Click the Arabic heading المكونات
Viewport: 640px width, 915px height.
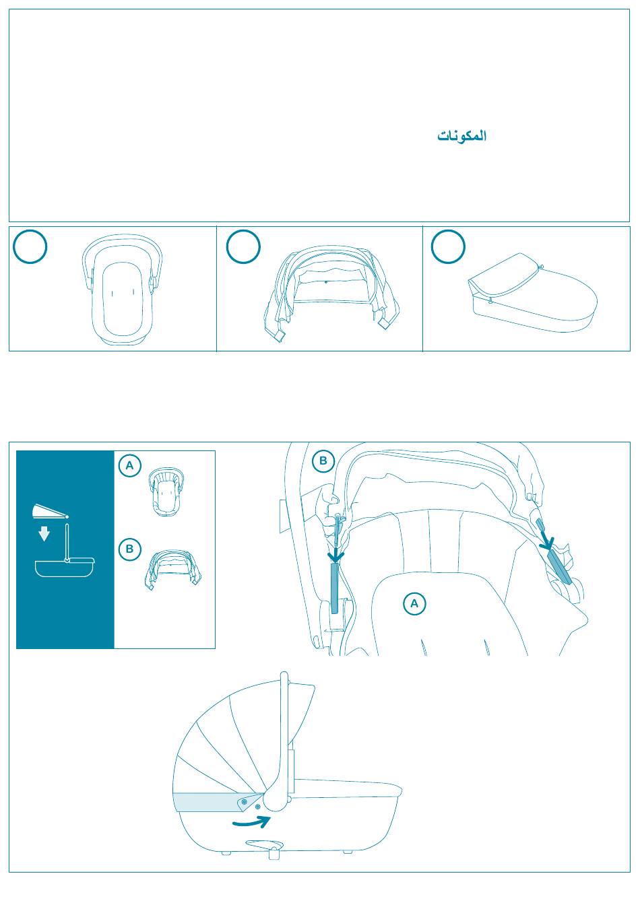click(x=462, y=135)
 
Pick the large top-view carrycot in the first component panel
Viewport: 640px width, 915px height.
click(x=122, y=290)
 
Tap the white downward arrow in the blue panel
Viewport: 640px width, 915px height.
click(x=44, y=534)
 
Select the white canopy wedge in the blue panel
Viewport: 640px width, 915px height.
click(x=49, y=511)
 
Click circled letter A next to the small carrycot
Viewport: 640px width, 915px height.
click(x=129, y=465)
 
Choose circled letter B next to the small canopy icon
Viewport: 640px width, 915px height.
click(x=129, y=549)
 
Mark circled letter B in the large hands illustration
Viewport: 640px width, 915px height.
click(x=323, y=461)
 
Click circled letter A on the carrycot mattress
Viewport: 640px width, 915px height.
click(x=414, y=603)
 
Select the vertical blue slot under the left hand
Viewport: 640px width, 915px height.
click(x=335, y=588)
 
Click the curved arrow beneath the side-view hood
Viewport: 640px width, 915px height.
click(x=251, y=822)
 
